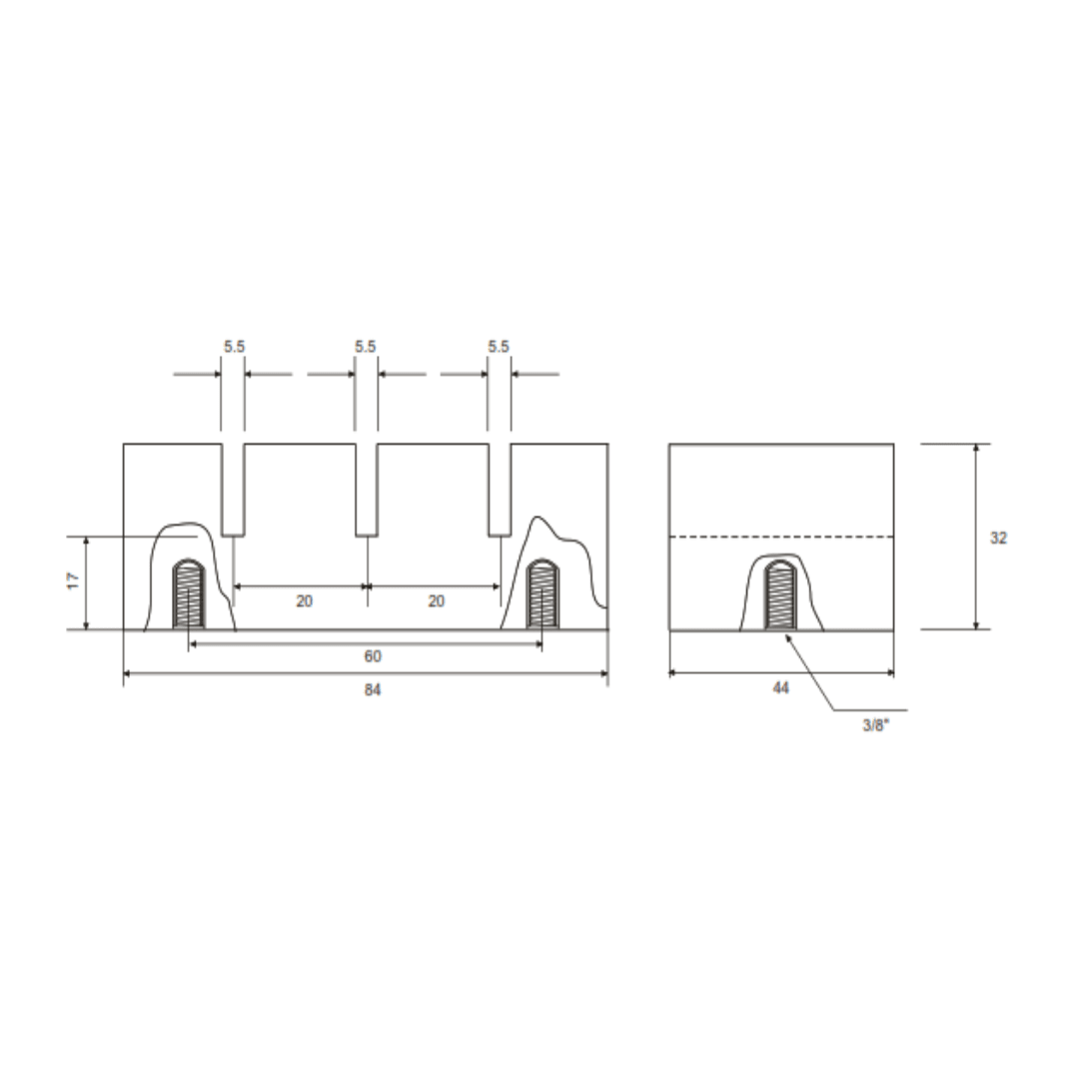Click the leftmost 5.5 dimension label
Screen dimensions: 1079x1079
234,346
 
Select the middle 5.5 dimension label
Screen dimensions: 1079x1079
366,346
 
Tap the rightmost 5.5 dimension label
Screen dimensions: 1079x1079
499,346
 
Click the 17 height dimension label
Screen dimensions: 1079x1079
74,580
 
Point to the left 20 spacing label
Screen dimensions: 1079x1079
304,600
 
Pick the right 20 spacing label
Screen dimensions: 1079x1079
437,600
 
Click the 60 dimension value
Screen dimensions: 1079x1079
373,655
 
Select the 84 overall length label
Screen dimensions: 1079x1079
373,688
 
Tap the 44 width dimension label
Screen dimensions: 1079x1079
780,687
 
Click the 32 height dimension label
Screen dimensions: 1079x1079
998,538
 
